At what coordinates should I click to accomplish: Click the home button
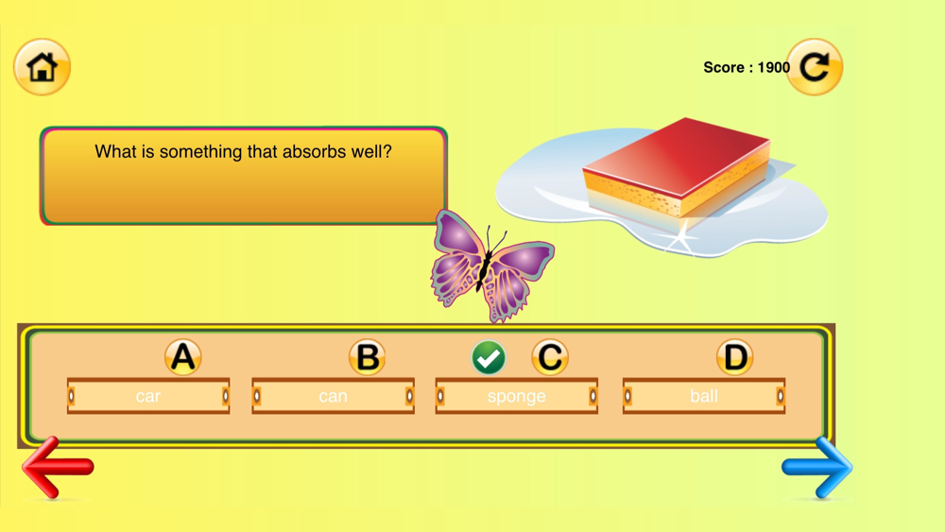pyautogui.click(x=43, y=67)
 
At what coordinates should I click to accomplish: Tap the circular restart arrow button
pyautogui.click(x=815, y=67)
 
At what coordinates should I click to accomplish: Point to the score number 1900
pyautogui.click(x=774, y=67)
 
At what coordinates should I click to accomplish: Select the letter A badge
pyautogui.click(x=183, y=357)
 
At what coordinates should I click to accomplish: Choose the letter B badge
pyautogui.click(x=367, y=357)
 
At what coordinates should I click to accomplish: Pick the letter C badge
pyautogui.click(x=550, y=357)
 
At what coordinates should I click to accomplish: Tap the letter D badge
pyautogui.click(x=734, y=357)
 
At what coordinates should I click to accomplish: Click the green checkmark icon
pyautogui.click(x=489, y=358)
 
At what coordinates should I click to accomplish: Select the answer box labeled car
pyautogui.click(x=148, y=396)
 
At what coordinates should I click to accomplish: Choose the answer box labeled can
pyautogui.click(x=334, y=396)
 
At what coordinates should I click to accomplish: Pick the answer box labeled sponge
pyautogui.click(x=517, y=396)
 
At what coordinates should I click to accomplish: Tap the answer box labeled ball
pyautogui.click(x=704, y=396)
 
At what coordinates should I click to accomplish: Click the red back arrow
pyautogui.click(x=58, y=467)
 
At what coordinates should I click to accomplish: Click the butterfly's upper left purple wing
pyautogui.click(x=458, y=235)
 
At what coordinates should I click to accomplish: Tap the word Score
pyautogui.click(x=724, y=67)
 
